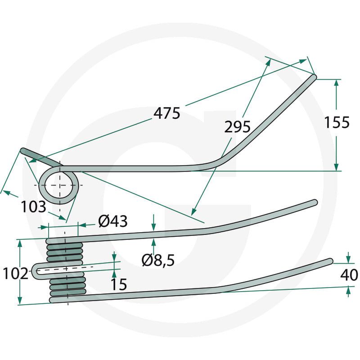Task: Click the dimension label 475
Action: click(x=167, y=113)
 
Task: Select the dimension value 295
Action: click(x=237, y=127)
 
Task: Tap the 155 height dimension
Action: click(x=337, y=122)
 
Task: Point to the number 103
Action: click(x=33, y=207)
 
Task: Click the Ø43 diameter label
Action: click(x=113, y=221)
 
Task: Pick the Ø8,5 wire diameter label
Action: click(x=158, y=261)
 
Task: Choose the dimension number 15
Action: click(x=119, y=284)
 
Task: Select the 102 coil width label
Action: click(x=16, y=274)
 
